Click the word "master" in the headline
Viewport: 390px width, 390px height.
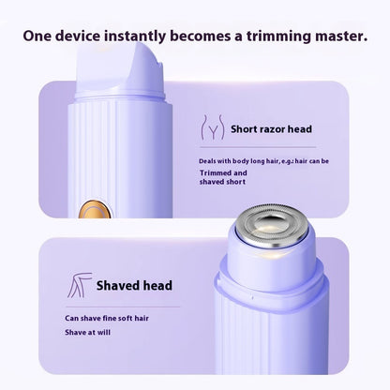pyautogui.click(x=340, y=36)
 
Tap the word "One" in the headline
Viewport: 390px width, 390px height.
pyautogui.click(x=37, y=36)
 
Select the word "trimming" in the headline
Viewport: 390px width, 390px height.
pyautogui.click(x=278, y=37)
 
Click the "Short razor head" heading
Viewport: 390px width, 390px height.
pyautogui.click(x=271, y=129)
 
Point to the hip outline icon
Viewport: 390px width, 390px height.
pyautogui.click(x=213, y=127)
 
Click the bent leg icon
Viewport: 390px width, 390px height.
pyautogui.click(x=80, y=285)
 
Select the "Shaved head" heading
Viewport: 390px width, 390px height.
pyautogui.click(x=134, y=285)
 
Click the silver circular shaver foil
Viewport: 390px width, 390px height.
pyautogui.click(x=271, y=226)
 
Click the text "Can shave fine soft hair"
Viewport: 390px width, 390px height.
pyautogui.click(x=107, y=318)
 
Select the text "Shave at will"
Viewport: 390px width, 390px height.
pyautogui.click(x=88, y=332)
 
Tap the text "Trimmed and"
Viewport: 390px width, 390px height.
pyautogui.click(x=223, y=172)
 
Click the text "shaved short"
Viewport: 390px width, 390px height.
pyautogui.click(x=222, y=182)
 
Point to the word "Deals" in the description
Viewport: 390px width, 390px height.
pyautogui.click(x=207, y=161)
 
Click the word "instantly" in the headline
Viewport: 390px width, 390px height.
pyautogui.click(x=135, y=37)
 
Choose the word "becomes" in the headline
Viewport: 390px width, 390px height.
pyautogui.click(x=201, y=36)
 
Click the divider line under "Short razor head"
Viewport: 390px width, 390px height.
pyautogui.click(x=258, y=147)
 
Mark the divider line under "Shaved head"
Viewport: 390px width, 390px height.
pyautogui.click(x=124, y=307)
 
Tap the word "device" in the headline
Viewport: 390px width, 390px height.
pyautogui.click(x=78, y=36)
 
